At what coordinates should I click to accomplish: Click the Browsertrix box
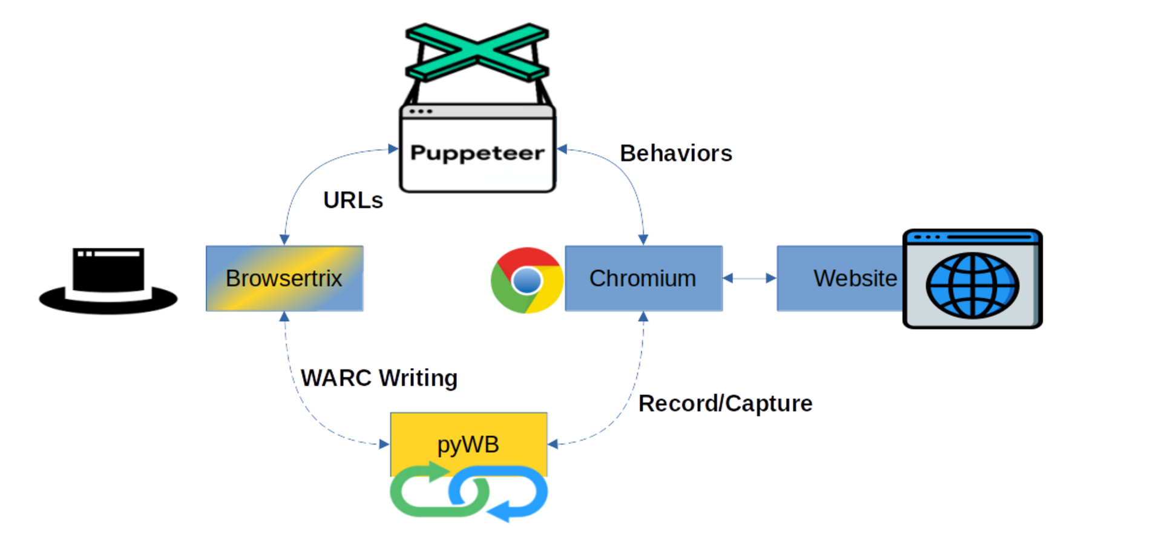point(284,279)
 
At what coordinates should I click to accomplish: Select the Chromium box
point(643,279)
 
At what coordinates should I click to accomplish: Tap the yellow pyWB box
point(468,444)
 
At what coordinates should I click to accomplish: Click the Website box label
point(855,279)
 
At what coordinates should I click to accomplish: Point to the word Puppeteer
point(477,153)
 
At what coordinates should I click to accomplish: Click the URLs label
point(353,200)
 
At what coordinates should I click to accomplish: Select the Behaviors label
point(676,153)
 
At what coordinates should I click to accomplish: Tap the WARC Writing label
point(379,378)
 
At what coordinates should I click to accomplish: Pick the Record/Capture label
point(725,403)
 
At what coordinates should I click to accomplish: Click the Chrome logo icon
point(527,280)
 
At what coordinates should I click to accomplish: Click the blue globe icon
point(972,285)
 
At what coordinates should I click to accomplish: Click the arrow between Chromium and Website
point(749,279)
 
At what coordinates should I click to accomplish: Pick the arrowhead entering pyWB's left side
point(384,444)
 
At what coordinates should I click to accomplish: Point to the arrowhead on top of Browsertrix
point(284,240)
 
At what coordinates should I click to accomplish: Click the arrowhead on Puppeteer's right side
point(562,149)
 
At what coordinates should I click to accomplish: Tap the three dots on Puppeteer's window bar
point(420,111)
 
